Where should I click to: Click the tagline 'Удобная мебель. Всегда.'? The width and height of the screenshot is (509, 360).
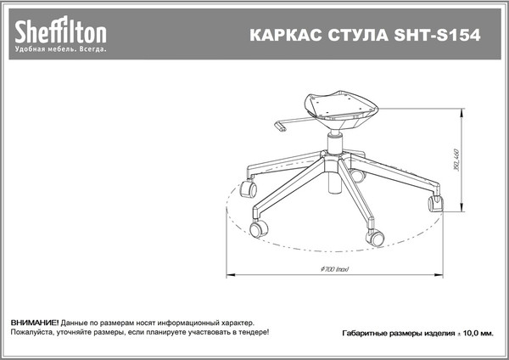click(x=60, y=50)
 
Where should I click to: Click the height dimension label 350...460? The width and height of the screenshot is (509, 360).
click(x=456, y=161)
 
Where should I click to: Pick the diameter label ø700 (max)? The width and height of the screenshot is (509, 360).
click(x=338, y=269)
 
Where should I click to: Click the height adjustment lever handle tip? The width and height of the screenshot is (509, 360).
click(x=282, y=129)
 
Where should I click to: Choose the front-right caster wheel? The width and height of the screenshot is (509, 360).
click(x=374, y=237)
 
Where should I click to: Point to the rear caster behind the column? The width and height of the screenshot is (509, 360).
click(x=357, y=176)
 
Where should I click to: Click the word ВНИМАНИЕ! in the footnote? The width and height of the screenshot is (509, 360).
click(x=35, y=324)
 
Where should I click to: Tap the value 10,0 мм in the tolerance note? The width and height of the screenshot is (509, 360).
click(x=475, y=335)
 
